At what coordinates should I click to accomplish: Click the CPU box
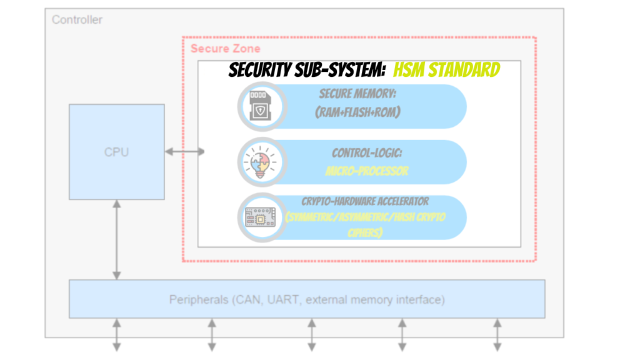click(x=116, y=152)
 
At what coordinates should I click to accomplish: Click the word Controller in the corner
click(x=77, y=19)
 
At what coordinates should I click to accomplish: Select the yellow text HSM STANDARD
click(x=446, y=69)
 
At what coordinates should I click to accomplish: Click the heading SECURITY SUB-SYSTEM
click(x=306, y=69)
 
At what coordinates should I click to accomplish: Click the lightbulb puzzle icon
click(x=262, y=162)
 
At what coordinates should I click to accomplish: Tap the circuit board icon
click(x=262, y=217)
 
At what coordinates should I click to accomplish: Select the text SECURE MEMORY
click(x=358, y=94)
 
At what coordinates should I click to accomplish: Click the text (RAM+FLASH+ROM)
click(x=358, y=112)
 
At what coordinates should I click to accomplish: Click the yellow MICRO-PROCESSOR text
click(x=366, y=170)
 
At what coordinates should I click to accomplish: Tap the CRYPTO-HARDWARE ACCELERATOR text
click(x=365, y=202)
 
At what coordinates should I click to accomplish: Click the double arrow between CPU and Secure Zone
click(x=184, y=152)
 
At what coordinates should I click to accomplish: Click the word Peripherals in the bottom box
click(x=198, y=300)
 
